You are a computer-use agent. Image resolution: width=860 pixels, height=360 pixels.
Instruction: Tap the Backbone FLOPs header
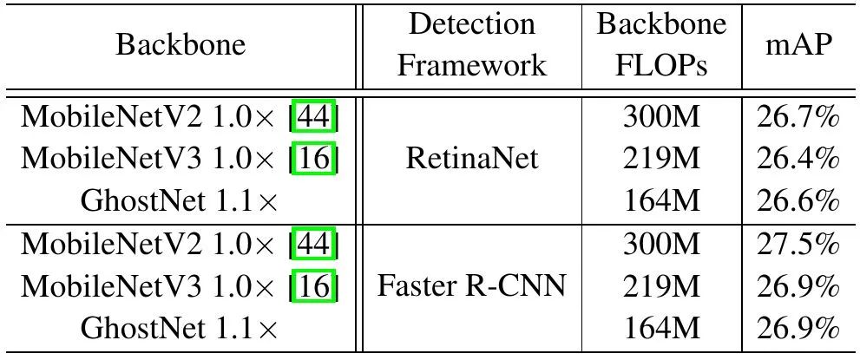[661, 44]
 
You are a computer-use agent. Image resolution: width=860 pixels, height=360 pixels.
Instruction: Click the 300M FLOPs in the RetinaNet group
[661, 117]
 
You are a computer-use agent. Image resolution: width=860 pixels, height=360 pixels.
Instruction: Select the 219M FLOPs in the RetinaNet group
[661, 159]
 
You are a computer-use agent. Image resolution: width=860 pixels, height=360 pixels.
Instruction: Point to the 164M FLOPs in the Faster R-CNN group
[661, 328]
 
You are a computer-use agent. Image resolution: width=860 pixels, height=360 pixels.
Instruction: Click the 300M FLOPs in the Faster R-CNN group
[661, 244]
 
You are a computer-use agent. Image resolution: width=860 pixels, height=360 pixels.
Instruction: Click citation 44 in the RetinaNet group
[313, 117]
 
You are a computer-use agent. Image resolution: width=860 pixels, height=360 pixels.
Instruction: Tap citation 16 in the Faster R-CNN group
[313, 285]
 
